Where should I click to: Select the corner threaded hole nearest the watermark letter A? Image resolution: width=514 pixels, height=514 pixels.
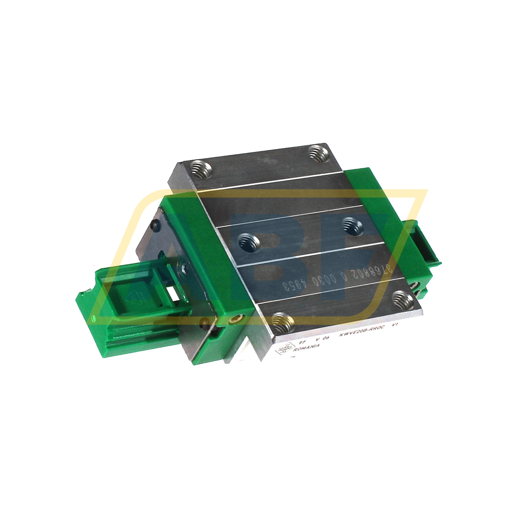pyautogui.click(x=201, y=169)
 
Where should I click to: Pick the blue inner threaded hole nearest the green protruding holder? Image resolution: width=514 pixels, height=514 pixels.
pyautogui.click(x=249, y=243)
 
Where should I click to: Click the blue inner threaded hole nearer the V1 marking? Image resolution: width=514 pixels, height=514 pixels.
pyautogui.click(x=351, y=225)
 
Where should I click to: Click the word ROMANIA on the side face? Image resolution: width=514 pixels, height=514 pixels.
pyautogui.click(x=307, y=347)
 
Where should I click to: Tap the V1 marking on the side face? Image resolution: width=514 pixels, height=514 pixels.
pyautogui.click(x=395, y=325)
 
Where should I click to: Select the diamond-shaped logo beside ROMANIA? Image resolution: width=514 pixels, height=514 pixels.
pyautogui.click(x=284, y=349)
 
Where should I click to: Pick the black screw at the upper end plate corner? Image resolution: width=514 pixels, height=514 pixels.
pyautogui.click(x=155, y=224)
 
